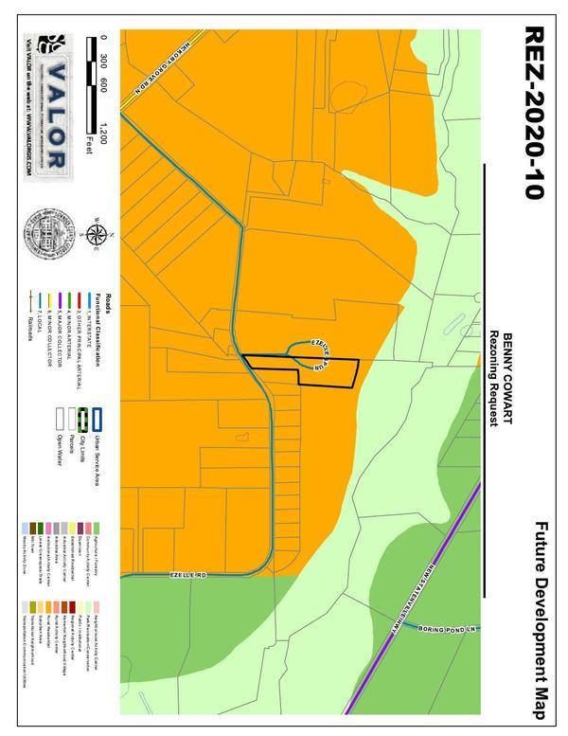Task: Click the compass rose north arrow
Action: point(95,235)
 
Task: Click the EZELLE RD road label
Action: point(189,575)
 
